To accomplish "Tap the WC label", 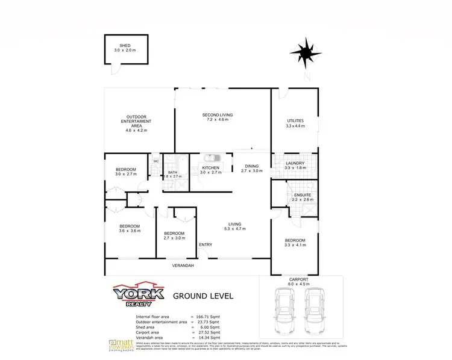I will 155,161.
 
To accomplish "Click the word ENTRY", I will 205,244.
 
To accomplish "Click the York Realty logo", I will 139,295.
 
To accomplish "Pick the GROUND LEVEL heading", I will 203,296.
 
